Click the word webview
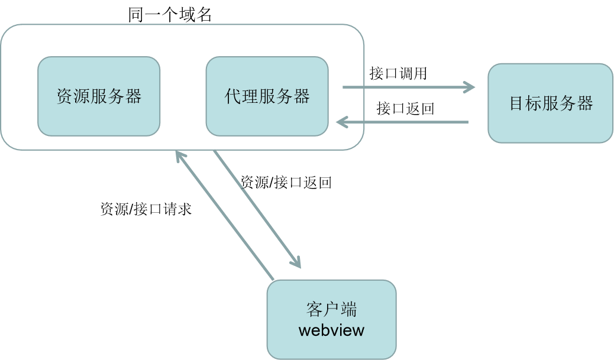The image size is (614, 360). point(331,329)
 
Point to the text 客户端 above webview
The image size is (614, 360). point(331,309)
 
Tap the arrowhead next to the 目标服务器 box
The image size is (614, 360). point(470,87)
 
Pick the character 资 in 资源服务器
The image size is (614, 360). point(64,96)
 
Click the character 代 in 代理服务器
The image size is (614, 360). point(232,96)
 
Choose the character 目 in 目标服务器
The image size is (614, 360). point(518,103)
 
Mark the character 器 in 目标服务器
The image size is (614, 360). point(585,103)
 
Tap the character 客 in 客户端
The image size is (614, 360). point(314,309)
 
